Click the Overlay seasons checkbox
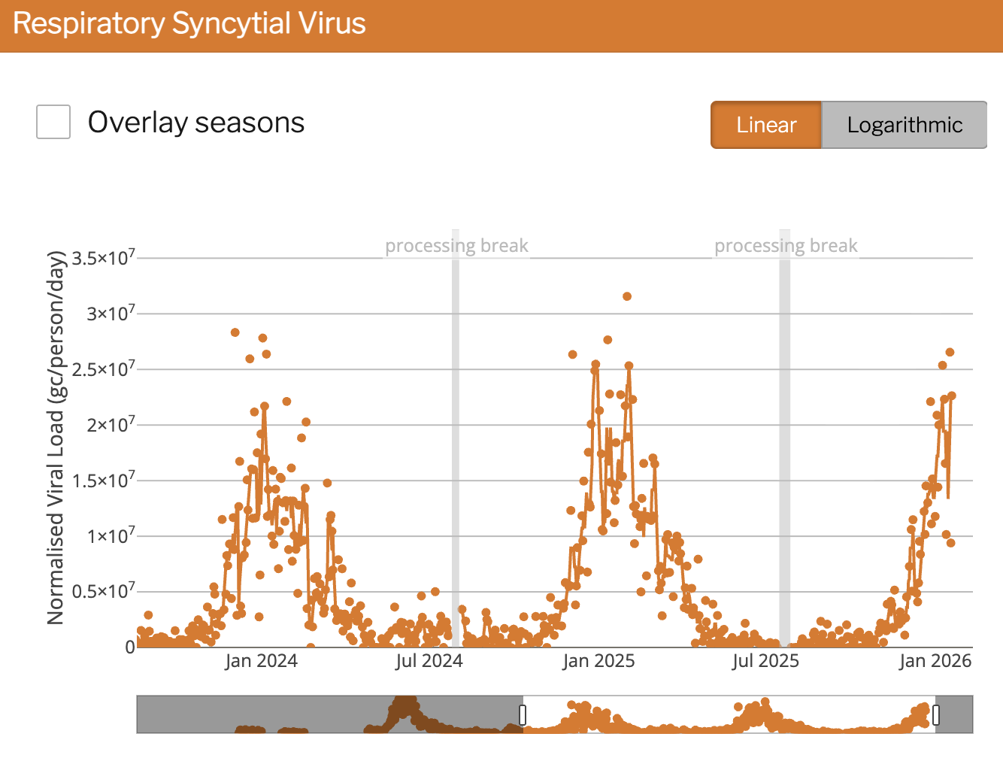[x=53, y=122]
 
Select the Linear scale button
[x=766, y=125]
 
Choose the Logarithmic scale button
[x=905, y=125]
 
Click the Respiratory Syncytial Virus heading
[x=189, y=24]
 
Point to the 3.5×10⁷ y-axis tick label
[x=104, y=258]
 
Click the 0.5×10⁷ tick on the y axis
[x=104, y=591]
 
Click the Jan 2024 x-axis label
[x=261, y=661]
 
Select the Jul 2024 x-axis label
[x=429, y=661]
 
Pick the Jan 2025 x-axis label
[x=598, y=661]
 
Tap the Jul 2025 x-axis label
[x=765, y=661]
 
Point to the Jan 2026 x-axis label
[x=935, y=661]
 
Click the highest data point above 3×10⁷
[x=627, y=296]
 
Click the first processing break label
[x=456, y=246]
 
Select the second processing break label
[x=786, y=246]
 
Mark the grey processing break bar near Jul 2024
[x=456, y=451]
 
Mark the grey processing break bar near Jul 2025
[x=785, y=451]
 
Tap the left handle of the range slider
[x=523, y=714]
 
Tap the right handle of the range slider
[x=936, y=714]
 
